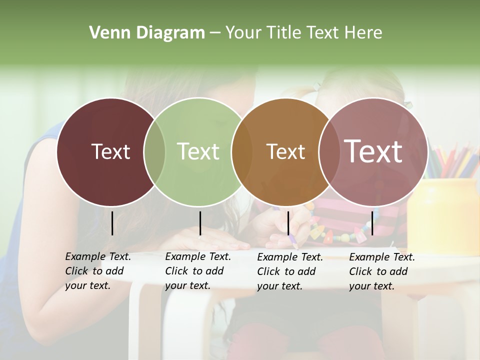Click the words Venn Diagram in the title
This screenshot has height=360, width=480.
tap(147, 33)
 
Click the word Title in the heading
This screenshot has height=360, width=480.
tap(283, 33)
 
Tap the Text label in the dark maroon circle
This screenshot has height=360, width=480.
tap(110, 151)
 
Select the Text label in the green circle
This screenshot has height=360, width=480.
tap(198, 151)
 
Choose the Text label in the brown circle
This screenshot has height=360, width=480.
tap(285, 151)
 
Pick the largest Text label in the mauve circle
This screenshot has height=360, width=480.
tap(373, 151)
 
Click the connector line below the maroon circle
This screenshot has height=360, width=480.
tap(112, 223)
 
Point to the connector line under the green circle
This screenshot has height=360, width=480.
tap(200, 223)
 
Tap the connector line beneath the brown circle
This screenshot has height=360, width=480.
tap(288, 223)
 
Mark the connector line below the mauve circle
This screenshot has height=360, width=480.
tap(372, 223)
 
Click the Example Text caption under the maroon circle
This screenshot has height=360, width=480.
tap(97, 271)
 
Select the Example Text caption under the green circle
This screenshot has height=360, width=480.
tap(197, 271)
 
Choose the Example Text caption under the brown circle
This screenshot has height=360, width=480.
tap(289, 271)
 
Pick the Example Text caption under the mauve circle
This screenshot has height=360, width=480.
tap(381, 271)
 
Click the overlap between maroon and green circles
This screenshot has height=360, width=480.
tap(154, 152)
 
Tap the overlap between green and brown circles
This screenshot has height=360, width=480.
tap(242, 152)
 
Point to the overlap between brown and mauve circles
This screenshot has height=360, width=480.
tap(329, 152)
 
